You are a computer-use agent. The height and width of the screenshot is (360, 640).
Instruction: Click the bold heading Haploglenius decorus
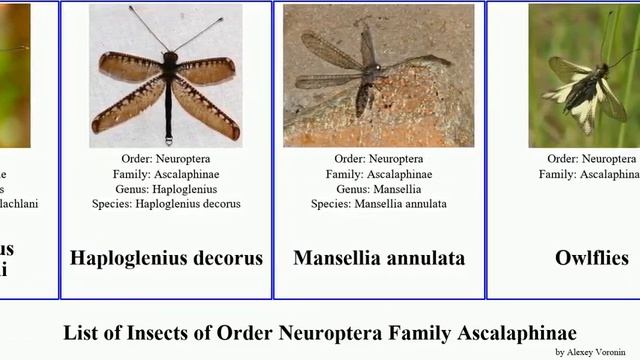pyautogui.click(x=166, y=258)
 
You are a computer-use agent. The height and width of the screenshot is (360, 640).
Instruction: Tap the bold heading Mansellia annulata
pyautogui.click(x=379, y=258)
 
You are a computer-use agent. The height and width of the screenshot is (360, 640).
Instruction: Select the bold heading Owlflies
pyautogui.click(x=592, y=258)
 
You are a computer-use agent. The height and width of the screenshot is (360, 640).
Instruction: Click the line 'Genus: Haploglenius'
pyautogui.click(x=165, y=189)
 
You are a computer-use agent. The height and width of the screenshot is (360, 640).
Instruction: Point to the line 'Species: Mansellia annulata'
pyautogui.click(x=378, y=204)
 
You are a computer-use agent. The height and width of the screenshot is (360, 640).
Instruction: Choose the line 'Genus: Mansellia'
pyautogui.click(x=378, y=189)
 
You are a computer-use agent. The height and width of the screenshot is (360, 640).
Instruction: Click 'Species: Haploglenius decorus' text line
pyautogui.click(x=165, y=204)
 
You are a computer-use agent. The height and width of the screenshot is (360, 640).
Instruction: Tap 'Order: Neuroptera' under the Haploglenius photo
pyautogui.click(x=165, y=159)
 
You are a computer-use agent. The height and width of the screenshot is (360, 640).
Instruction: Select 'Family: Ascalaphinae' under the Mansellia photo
pyautogui.click(x=378, y=174)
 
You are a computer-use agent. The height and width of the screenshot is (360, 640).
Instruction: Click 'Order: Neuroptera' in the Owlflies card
pyautogui.click(x=592, y=159)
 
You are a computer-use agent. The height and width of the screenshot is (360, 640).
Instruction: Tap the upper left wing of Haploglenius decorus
pyautogui.click(x=130, y=67)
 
